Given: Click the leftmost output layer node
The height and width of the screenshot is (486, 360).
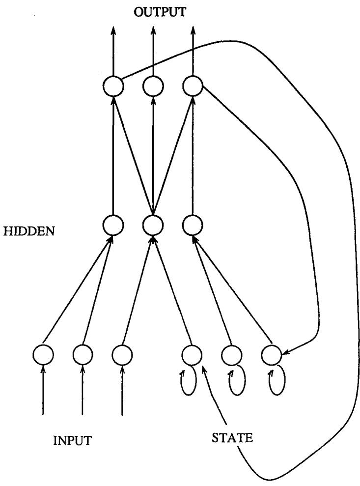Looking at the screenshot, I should tap(113, 87).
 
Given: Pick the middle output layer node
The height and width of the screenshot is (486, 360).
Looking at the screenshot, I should tap(153, 87).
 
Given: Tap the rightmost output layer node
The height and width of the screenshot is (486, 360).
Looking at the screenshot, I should tap(192, 87).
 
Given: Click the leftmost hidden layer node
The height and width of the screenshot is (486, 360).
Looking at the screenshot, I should tap(113, 226).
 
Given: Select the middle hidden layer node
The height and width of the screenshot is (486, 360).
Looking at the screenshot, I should tap(153, 226).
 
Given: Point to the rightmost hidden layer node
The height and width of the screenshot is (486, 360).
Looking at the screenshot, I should tap(192, 226).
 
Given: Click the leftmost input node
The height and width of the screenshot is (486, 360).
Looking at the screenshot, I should tap(43, 354).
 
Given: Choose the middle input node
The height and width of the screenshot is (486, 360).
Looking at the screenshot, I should tap(83, 354).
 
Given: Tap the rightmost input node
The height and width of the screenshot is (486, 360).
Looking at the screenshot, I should tap(122, 354).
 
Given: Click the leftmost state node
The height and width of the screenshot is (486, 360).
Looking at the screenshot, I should tap(192, 354).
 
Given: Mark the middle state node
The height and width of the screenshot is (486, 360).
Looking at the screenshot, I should tap(231, 354).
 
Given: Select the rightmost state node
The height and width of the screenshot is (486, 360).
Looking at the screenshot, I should tap(271, 354).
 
